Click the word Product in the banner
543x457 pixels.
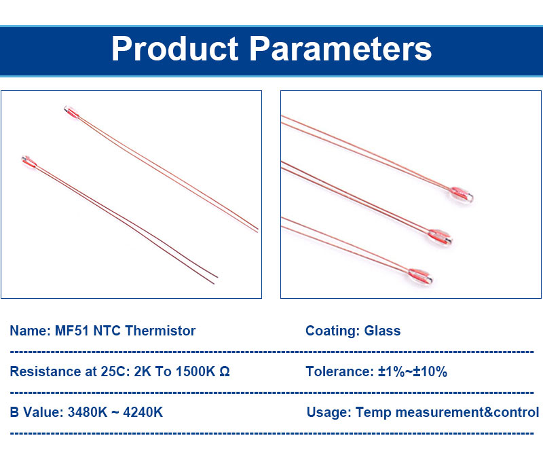175,49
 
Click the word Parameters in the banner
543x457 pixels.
341,49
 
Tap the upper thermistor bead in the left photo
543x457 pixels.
72,112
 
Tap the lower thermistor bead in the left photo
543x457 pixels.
29,162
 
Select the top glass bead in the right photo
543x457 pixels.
462,195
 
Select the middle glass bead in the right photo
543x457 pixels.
440,238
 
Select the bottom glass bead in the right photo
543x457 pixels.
420,276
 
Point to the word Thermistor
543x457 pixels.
160,331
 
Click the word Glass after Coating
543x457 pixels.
382,331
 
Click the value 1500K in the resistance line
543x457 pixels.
195,371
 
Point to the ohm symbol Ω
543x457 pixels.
225,371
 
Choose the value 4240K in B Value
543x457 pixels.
143,412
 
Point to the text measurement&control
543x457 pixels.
467,412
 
